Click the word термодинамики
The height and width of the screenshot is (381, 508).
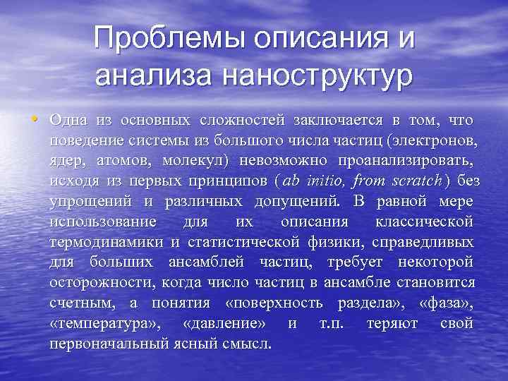click(106, 242)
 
